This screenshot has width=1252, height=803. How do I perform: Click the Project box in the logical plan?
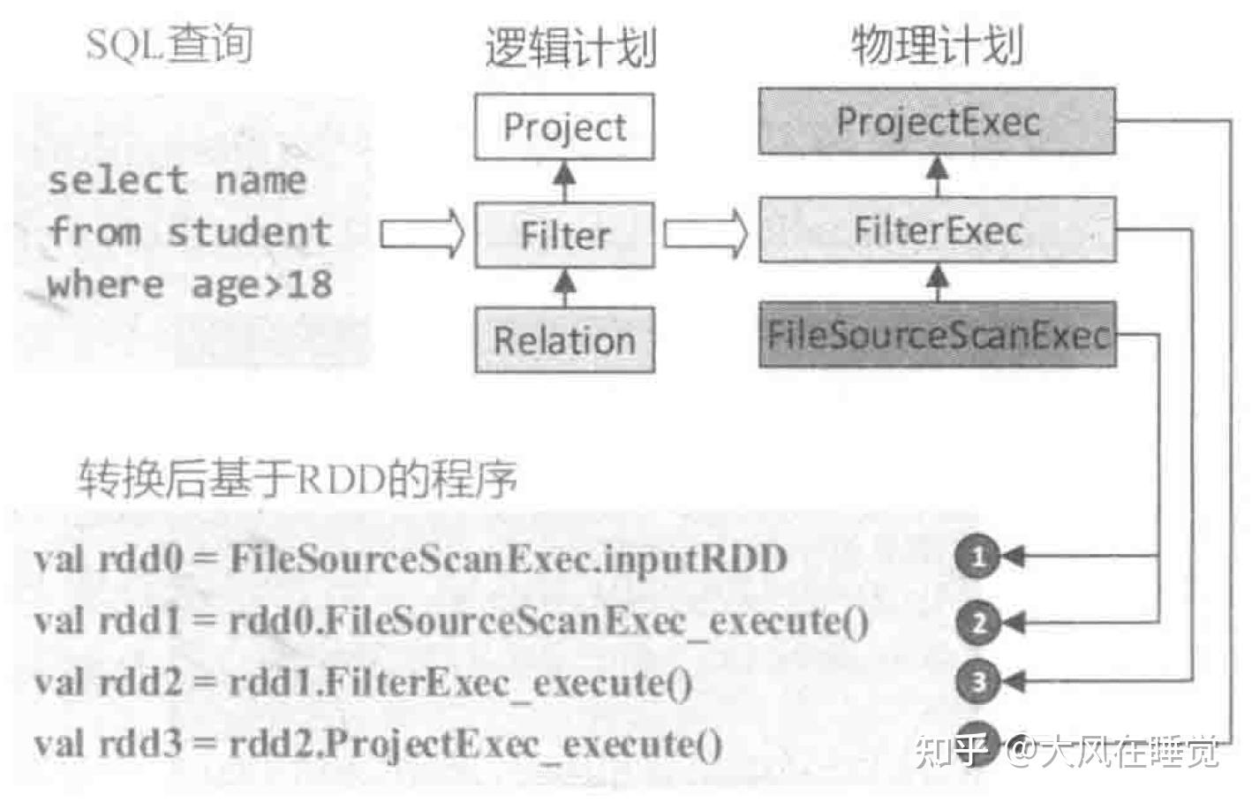tap(564, 127)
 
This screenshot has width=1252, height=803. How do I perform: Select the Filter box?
tap(564, 235)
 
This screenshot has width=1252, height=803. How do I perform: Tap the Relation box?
tap(564, 340)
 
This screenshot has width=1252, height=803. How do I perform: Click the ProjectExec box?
tap(937, 121)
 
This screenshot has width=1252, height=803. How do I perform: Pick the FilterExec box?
tap(937, 231)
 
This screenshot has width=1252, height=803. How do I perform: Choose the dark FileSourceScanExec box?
tap(937, 335)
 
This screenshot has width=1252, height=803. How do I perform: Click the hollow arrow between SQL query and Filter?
tap(422, 234)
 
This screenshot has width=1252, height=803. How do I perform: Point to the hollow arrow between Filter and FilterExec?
tap(705, 234)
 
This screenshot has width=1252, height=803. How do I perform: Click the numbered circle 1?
tap(977, 557)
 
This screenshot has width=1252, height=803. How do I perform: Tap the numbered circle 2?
tap(977, 624)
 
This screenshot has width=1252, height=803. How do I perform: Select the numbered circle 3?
tap(977, 681)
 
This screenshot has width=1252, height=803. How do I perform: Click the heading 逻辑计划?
tap(570, 47)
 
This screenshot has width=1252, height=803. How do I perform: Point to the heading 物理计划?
tap(937, 44)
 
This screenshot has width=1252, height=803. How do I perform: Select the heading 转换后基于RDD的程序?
tap(297, 480)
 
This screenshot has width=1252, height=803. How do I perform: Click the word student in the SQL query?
tap(249, 232)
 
